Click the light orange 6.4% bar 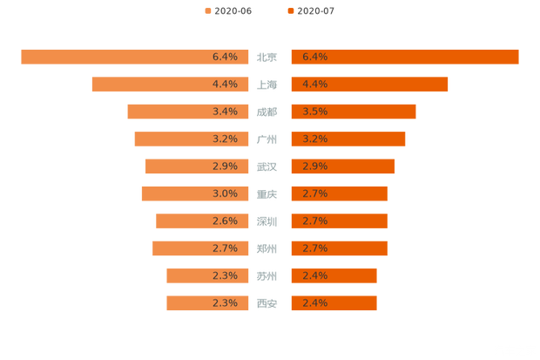tap(131, 57)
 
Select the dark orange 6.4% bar tap(405, 57)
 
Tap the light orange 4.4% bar tap(165, 84)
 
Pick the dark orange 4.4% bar tap(370, 84)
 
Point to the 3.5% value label tap(314, 112)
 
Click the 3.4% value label tap(225, 112)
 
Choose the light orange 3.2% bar tap(187, 139)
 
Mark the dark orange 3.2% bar tap(348, 139)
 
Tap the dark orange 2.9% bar tap(343, 166)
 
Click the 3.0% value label tap(225, 194)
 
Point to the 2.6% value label tap(225, 221)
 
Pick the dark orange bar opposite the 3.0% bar tap(340, 194)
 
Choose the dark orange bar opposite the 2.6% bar tap(340, 221)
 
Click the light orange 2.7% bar tap(196, 248)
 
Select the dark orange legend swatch tap(288, 10)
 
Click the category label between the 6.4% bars tap(267, 57)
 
